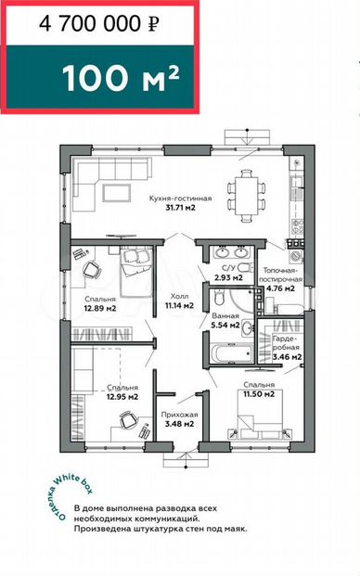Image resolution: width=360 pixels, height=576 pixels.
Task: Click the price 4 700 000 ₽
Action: (99, 24)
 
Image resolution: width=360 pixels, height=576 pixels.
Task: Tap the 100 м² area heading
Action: (121, 78)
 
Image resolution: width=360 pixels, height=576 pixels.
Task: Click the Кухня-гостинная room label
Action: (180, 198)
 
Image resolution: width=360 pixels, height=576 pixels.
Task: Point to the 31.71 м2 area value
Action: (180, 208)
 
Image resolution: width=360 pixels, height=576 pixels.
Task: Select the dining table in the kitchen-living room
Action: (247, 196)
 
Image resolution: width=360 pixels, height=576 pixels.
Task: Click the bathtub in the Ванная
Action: (231, 353)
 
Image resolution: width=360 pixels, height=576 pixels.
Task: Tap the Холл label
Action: (180, 296)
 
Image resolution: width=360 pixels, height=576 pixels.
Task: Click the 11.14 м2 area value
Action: (180, 305)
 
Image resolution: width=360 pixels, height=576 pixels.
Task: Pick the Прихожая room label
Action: (179, 415)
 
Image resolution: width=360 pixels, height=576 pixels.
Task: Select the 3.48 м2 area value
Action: (179, 424)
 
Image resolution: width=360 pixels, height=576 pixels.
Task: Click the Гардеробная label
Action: (286, 343)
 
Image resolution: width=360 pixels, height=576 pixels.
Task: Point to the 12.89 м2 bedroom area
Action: (100, 308)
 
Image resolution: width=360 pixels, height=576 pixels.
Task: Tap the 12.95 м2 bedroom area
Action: (122, 397)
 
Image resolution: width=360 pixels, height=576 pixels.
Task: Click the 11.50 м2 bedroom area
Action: (259, 394)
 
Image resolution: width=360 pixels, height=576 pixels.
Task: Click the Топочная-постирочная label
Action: (280, 275)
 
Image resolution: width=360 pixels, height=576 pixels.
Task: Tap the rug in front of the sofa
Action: (117, 193)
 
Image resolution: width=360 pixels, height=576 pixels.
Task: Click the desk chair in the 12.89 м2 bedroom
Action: (92, 270)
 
